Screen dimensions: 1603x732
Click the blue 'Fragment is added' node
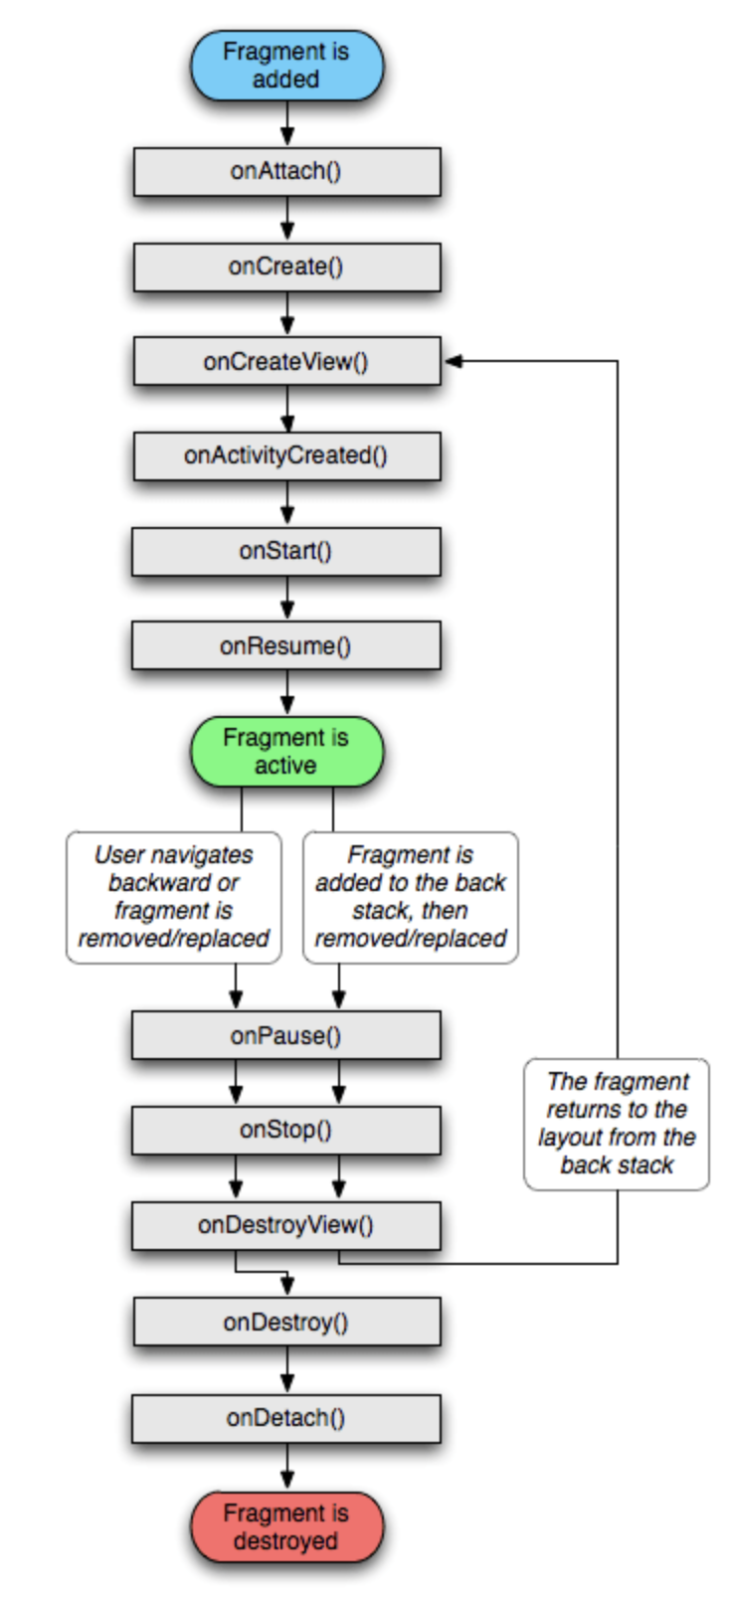pos(286,66)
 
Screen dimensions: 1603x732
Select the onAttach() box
pos(286,171)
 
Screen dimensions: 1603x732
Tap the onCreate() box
pos(286,267)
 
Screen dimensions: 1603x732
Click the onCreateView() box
pos(286,361)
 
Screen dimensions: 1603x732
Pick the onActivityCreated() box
pos(286,455)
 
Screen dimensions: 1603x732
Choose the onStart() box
pos(286,551)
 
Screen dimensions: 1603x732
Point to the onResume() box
pos(286,646)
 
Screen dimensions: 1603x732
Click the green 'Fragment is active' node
pos(286,752)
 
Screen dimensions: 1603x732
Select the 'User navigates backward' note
pos(174,897)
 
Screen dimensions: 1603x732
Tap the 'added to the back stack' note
pos(411,897)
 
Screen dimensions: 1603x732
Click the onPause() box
pos(286,1036)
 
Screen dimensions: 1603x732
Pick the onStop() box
pos(286,1130)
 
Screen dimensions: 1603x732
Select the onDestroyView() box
pos(286,1225)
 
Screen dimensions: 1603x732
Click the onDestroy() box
pos(286,1323)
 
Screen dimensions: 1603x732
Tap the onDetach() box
pos(286,1418)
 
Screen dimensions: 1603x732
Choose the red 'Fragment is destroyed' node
pos(286,1527)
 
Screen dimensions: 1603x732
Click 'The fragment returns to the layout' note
pos(617,1124)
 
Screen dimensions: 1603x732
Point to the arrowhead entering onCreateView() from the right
pos(454,361)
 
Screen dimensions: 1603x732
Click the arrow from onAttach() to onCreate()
pos(287,219)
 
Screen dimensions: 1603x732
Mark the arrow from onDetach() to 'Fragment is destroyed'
pos(287,1467)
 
